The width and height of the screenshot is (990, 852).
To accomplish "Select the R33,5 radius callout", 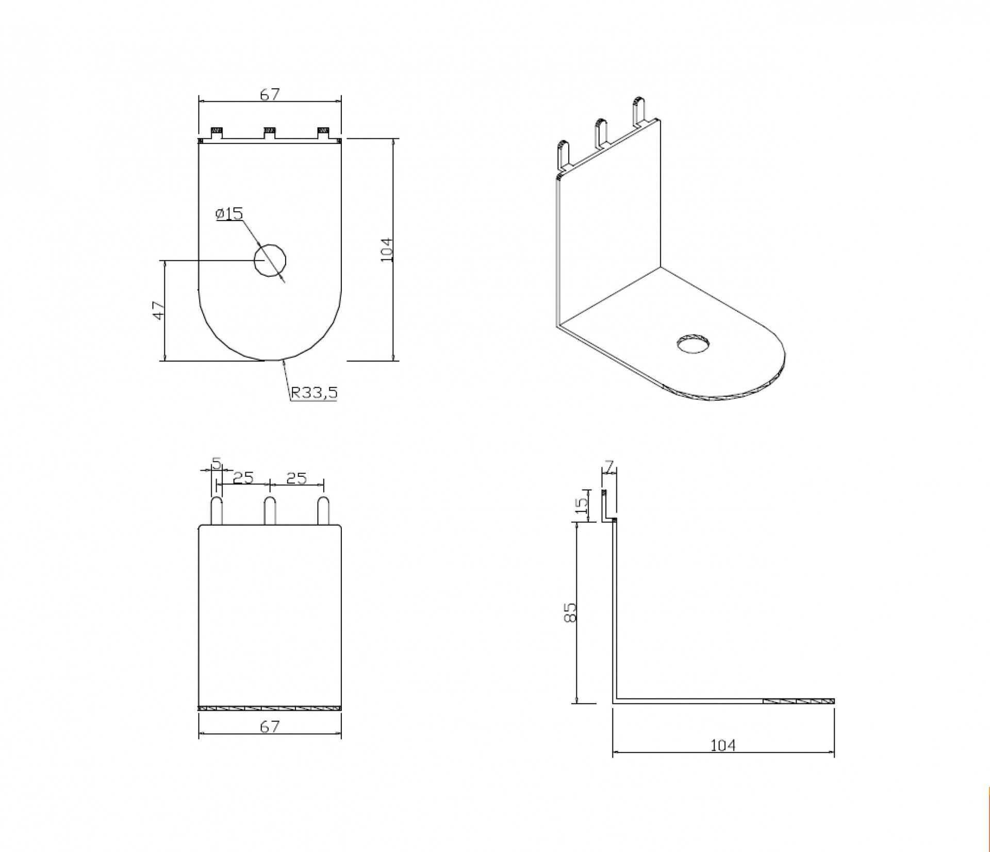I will (313, 393).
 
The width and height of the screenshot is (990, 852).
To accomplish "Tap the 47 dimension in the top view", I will (159, 310).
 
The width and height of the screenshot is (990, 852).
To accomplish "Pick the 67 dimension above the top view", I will (270, 94).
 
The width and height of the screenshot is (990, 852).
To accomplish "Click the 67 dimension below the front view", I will (270, 727).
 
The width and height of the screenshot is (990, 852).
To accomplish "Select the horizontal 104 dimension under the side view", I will (722, 745).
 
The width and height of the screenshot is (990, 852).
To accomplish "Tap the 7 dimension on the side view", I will (609, 467).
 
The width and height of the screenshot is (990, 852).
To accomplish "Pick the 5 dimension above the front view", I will (217, 463).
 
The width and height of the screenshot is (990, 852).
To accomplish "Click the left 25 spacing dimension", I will (243, 478).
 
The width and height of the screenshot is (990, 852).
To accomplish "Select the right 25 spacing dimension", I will (296, 478).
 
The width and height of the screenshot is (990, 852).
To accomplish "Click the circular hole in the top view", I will (270, 260).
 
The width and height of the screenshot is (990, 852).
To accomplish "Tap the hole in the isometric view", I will (693, 344).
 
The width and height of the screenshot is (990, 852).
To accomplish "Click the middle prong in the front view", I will (270, 511).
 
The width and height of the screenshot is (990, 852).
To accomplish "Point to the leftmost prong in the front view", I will (217, 511).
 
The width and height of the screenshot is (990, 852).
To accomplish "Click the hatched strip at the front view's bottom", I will (270, 708).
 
